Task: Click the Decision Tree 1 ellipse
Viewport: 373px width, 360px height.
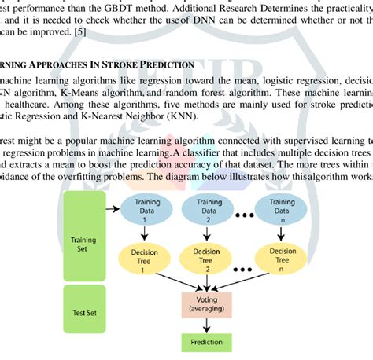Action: pos(145,257)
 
